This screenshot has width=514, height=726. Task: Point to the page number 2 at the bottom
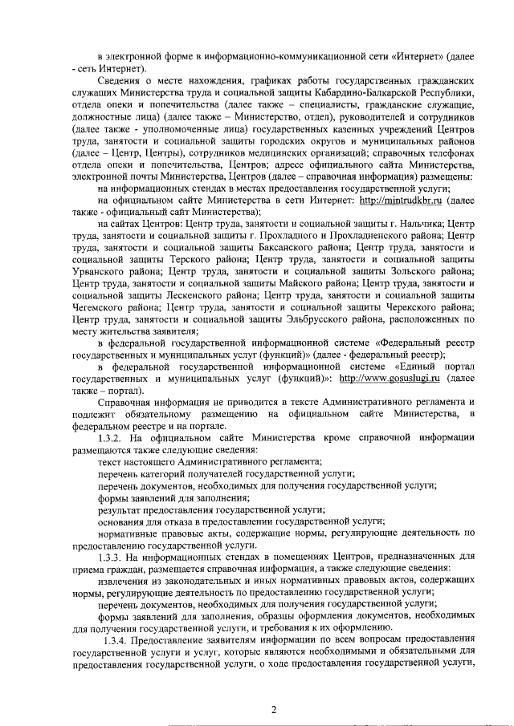tap(273, 709)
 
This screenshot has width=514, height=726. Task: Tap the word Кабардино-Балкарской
tap(356, 93)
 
